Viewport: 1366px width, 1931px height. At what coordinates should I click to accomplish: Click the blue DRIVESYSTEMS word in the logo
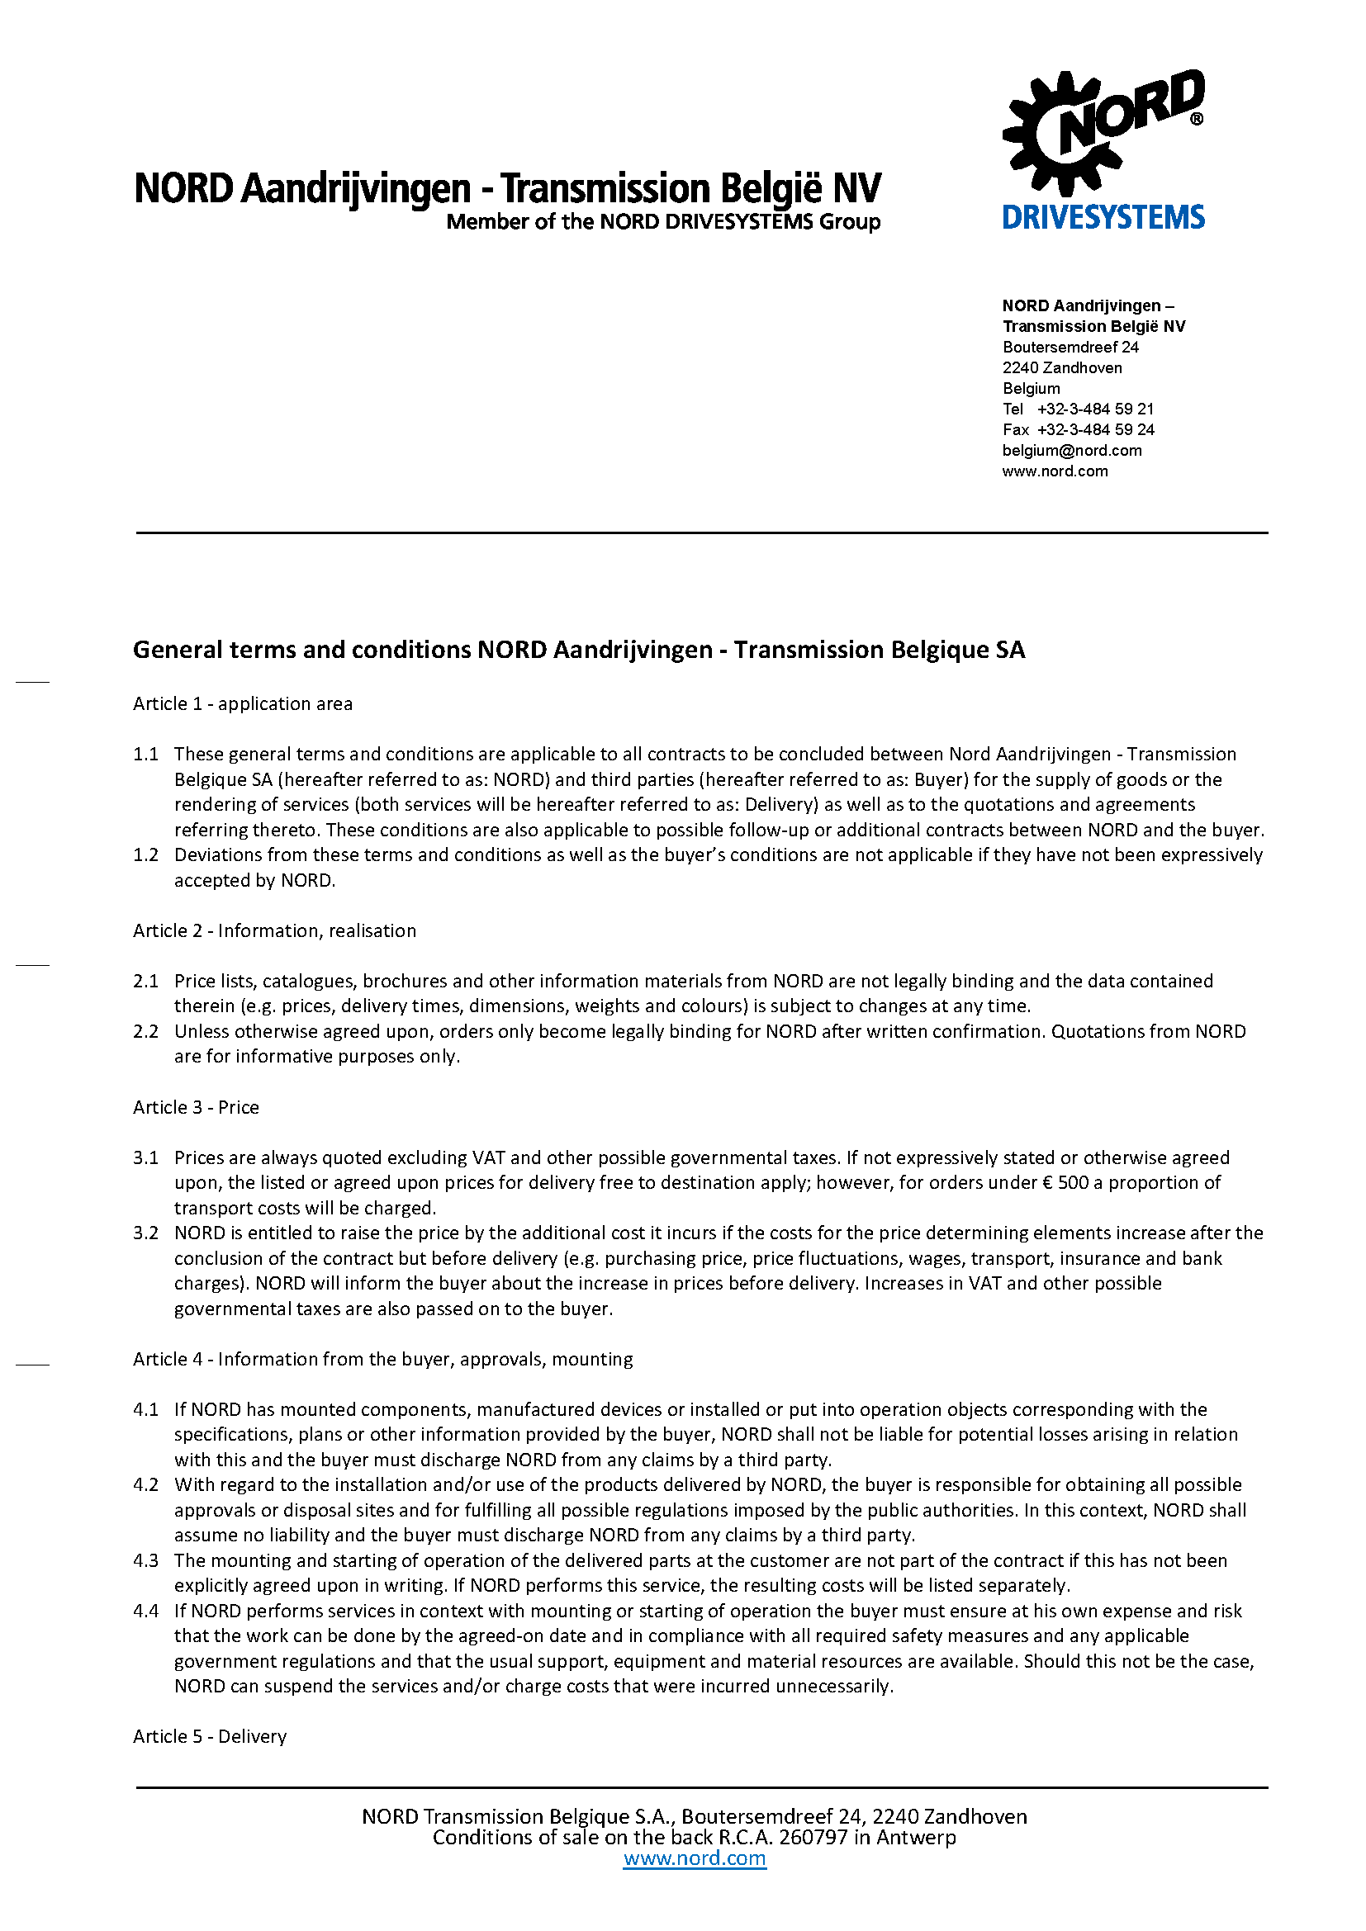pos(1103,217)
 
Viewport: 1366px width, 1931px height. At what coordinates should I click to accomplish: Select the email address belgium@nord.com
pos(1072,450)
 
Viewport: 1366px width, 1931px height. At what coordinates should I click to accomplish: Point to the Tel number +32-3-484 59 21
pos(1094,409)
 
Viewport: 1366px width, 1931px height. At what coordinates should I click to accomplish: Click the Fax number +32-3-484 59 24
pos(1095,430)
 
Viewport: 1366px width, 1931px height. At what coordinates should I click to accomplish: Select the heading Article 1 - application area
pos(242,703)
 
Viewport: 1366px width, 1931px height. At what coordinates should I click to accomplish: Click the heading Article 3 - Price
pos(195,1107)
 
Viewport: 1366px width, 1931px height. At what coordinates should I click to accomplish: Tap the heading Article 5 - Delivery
pos(210,1736)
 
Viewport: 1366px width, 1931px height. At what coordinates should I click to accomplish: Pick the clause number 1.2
pos(145,854)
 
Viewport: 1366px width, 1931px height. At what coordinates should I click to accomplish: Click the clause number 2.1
pos(145,981)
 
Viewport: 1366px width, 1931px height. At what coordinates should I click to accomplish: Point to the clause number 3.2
pos(145,1233)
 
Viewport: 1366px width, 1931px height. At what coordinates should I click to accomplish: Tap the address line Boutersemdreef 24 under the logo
pos(1070,347)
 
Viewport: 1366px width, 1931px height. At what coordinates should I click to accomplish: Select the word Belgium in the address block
pos(1031,388)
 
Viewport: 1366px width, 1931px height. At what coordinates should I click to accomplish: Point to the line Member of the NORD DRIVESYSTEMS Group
pos(663,222)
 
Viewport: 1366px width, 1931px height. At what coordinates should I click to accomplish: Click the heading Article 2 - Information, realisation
pos(274,930)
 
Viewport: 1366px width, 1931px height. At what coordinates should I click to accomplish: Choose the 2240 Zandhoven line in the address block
pos(1061,367)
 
